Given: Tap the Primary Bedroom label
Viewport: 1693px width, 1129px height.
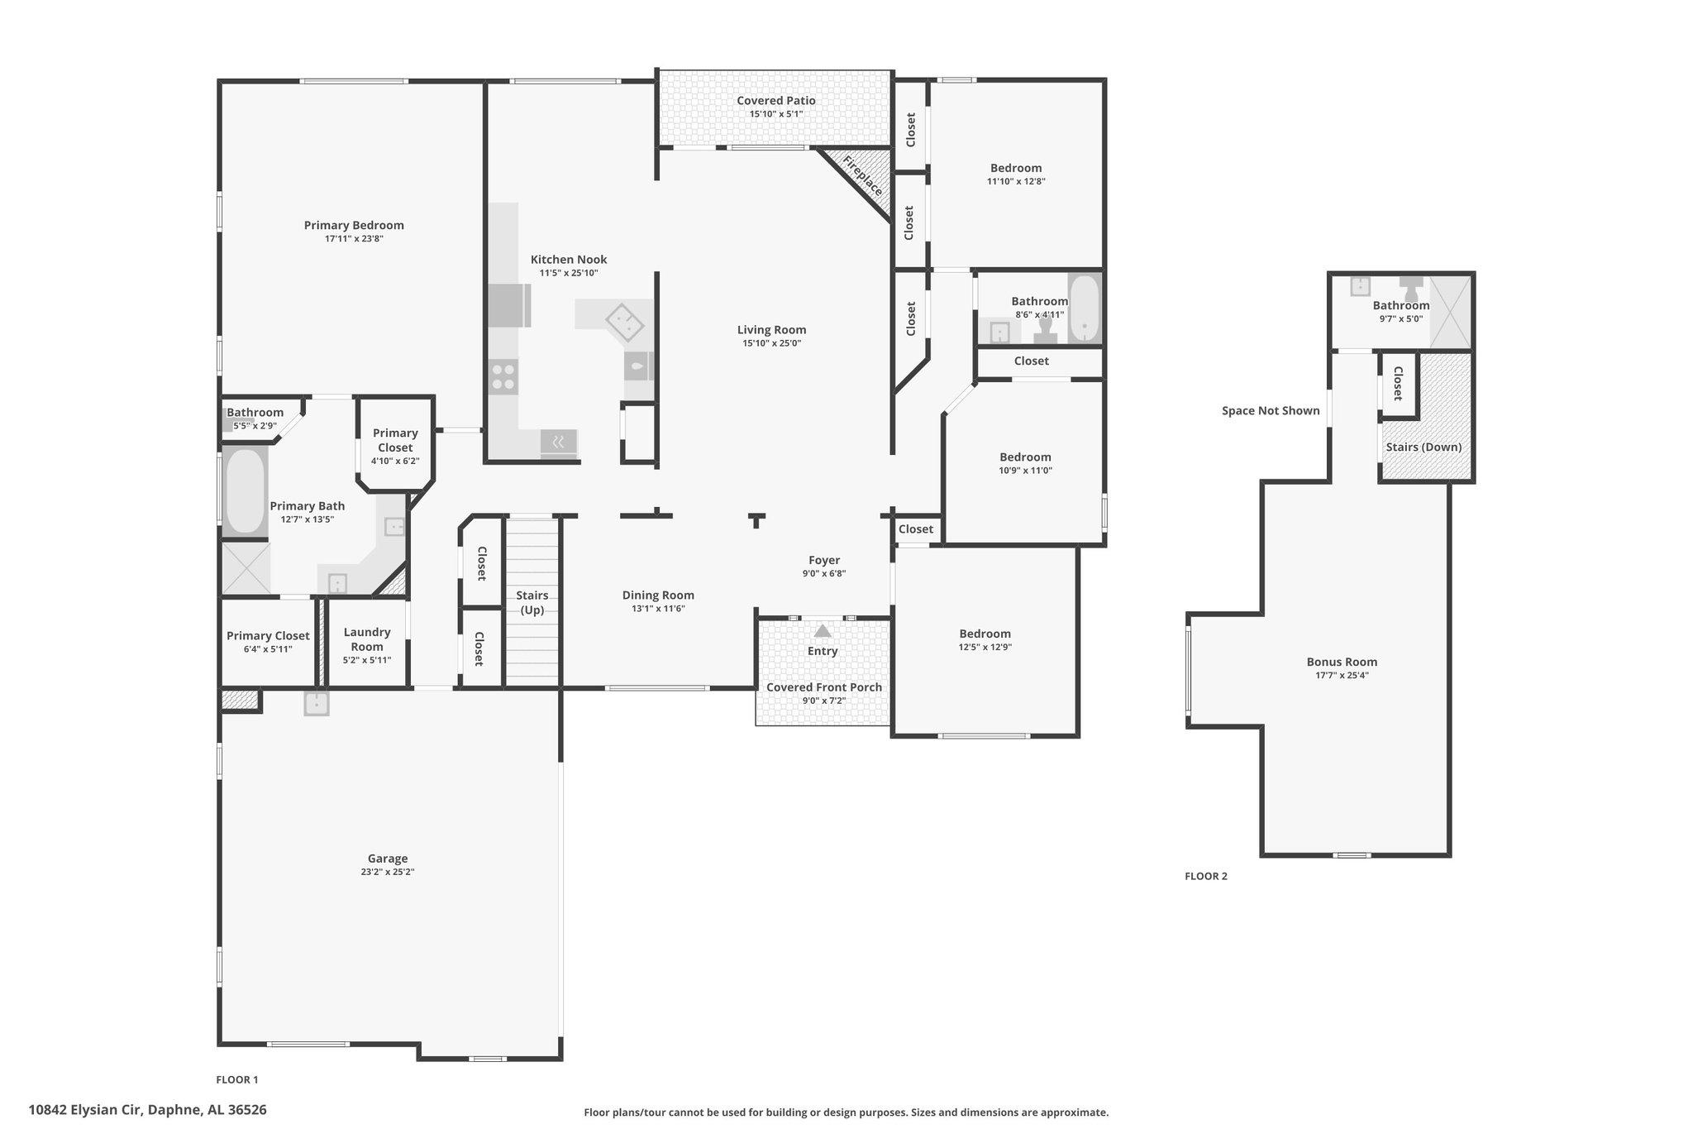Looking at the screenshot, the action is [354, 225].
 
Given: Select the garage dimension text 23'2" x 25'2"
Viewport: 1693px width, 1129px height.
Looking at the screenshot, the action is [388, 872].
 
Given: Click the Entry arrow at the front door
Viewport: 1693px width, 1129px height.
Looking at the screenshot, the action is [823, 631].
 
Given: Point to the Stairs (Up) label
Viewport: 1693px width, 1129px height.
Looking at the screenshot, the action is [532, 603].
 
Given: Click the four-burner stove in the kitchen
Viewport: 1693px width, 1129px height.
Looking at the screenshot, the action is [503, 377].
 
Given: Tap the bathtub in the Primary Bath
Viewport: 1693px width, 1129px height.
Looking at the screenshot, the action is [245, 490].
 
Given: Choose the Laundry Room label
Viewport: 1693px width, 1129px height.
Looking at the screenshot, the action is [367, 639].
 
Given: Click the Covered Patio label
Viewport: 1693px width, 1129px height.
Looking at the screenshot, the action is [776, 101].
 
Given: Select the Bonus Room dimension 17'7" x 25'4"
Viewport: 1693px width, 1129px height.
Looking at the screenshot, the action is [1342, 675].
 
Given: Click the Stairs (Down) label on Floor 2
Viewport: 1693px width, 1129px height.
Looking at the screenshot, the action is [1424, 447].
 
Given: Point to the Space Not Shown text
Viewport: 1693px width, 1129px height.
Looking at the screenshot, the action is [1271, 410].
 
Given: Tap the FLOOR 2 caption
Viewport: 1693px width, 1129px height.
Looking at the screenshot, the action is [1206, 876].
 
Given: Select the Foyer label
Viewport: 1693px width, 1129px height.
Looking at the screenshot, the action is [824, 560].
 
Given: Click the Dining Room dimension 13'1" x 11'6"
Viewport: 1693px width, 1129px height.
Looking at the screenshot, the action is [658, 609].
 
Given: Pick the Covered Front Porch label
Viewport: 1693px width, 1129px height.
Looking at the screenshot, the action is [824, 687].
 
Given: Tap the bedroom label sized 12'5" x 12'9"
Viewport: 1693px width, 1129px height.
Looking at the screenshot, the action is [985, 634].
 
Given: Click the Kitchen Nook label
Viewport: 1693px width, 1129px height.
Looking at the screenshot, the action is [569, 260].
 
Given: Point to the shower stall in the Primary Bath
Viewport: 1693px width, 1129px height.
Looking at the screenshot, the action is [246, 567].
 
